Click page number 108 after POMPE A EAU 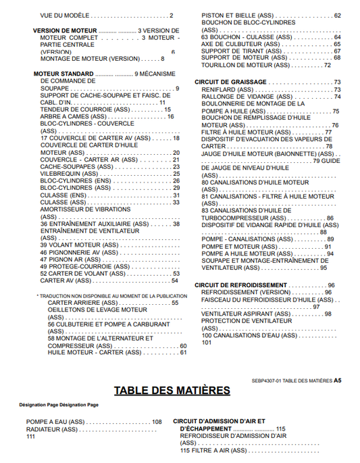(x=157, y=422)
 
